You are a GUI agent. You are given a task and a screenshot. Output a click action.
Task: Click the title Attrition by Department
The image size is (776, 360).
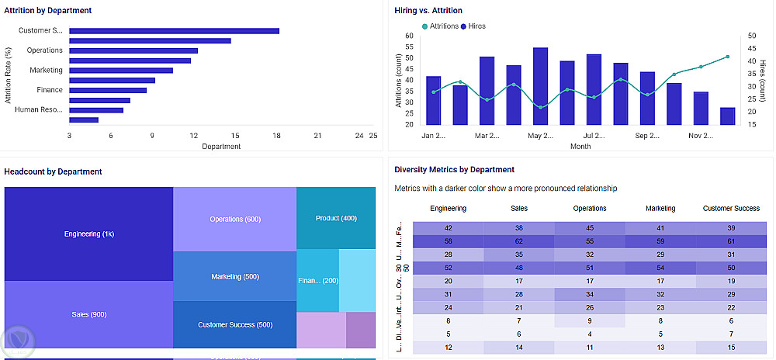tap(48, 11)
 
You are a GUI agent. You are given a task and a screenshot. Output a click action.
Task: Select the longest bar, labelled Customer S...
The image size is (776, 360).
tap(174, 31)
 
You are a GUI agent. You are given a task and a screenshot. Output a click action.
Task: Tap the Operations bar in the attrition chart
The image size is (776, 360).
tap(133, 50)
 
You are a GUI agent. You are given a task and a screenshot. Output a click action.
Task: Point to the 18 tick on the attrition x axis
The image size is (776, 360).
tap(276, 136)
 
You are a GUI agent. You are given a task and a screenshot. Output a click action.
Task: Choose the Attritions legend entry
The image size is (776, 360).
tap(440, 26)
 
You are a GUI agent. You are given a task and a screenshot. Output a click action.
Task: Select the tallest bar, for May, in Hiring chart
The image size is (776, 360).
tap(540, 85)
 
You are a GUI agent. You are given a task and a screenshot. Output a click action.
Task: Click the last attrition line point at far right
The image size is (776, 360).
tap(728, 57)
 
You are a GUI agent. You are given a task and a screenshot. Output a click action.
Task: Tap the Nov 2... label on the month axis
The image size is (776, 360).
tap(702, 136)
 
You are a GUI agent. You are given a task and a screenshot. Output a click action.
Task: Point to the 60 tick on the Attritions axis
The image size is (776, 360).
tap(409, 36)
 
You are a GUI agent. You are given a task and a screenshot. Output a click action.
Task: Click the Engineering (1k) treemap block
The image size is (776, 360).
tap(89, 234)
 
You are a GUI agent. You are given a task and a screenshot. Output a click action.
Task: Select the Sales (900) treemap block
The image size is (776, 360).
tap(89, 314)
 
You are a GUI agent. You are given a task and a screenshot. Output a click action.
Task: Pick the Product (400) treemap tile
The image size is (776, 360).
tap(336, 218)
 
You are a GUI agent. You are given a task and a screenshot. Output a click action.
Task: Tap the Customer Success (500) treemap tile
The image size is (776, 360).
tap(234, 324)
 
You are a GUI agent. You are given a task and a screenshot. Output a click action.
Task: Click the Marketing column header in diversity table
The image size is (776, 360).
tap(660, 208)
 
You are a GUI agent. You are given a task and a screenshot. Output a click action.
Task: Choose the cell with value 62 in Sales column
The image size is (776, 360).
tap(519, 241)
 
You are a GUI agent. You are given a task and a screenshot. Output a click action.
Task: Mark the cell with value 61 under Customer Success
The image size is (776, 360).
tap(731, 241)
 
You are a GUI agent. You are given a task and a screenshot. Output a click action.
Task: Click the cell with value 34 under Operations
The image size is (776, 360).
tap(590, 294)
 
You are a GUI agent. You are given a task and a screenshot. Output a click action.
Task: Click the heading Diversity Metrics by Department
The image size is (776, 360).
tap(454, 169)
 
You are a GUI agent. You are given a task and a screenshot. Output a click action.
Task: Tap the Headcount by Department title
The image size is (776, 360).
tap(53, 171)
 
